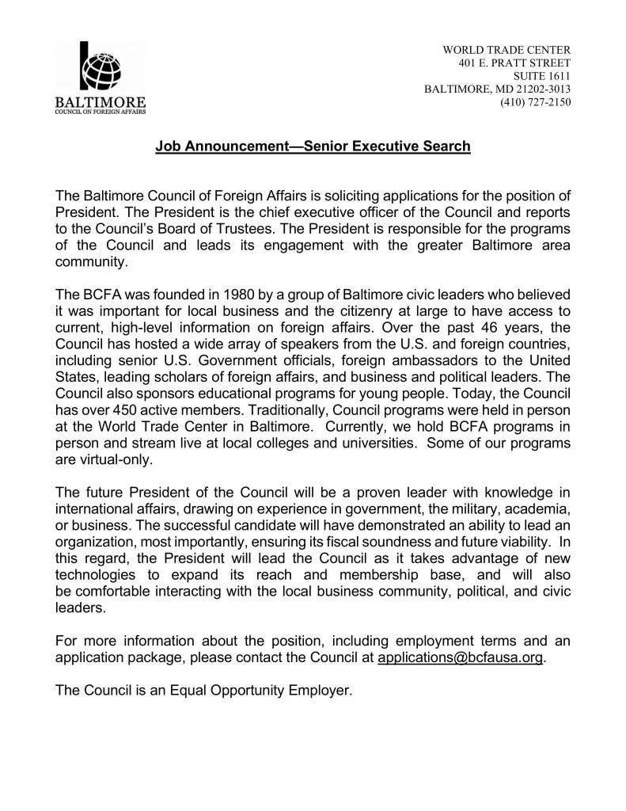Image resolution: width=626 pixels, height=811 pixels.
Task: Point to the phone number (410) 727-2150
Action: point(535,102)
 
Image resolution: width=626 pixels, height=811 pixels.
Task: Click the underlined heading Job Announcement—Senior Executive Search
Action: point(313,147)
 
